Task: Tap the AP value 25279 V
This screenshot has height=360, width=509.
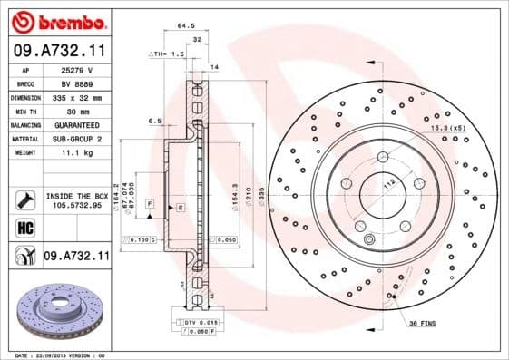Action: [76, 69]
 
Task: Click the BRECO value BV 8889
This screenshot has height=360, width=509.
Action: [76, 83]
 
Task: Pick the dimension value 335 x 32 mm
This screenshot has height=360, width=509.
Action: [76, 96]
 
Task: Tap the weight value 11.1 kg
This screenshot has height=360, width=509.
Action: [76, 152]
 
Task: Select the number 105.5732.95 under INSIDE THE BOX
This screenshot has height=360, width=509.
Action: [76, 205]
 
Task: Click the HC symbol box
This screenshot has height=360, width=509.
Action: [24, 229]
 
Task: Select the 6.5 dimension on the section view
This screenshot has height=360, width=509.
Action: [154, 121]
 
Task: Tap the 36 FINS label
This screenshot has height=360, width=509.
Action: [422, 324]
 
